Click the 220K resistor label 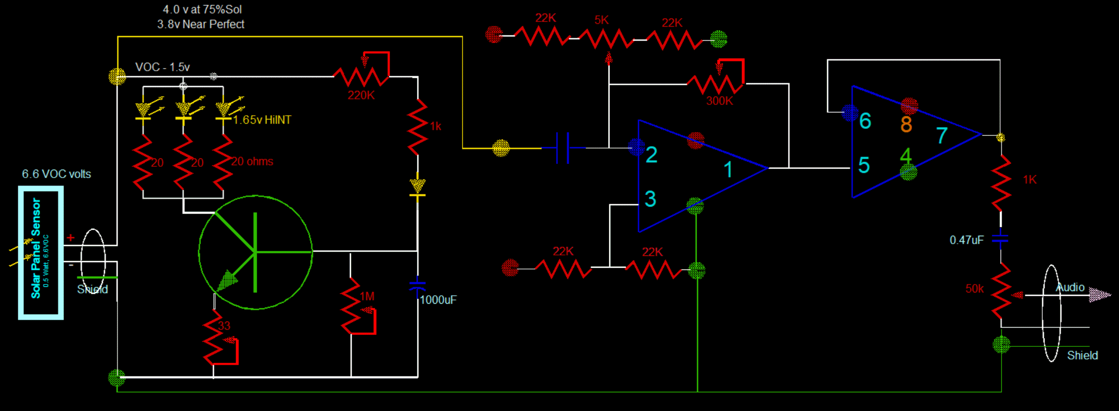pyautogui.click(x=361, y=95)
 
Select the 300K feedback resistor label pyautogui.click(x=719, y=101)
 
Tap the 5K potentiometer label pyautogui.click(x=601, y=20)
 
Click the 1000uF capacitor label pyautogui.click(x=438, y=300)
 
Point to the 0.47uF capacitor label pyautogui.click(x=966, y=240)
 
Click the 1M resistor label pyautogui.click(x=367, y=296)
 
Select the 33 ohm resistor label pyautogui.click(x=224, y=325)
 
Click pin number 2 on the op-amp pyautogui.click(x=651, y=155)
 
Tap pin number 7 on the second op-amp pyautogui.click(x=942, y=135)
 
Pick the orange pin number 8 pyautogui.click(x=906, y=124)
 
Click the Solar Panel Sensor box pyautogui.click(x=41, y=253)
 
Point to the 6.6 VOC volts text pyautogui.click(x=56, y=174)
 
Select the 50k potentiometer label pyautogui.click(x=974, y=289)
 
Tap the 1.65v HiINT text pyautogui.click(x=262, y=120)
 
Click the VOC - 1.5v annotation pyautogui.click(x=162, y=67)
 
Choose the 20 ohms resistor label pyautogui.click(x=252, y=161)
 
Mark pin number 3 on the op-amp pyautogui.click(x=650, y=199)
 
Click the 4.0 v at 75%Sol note pyautogui.click(x=202, y=9)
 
